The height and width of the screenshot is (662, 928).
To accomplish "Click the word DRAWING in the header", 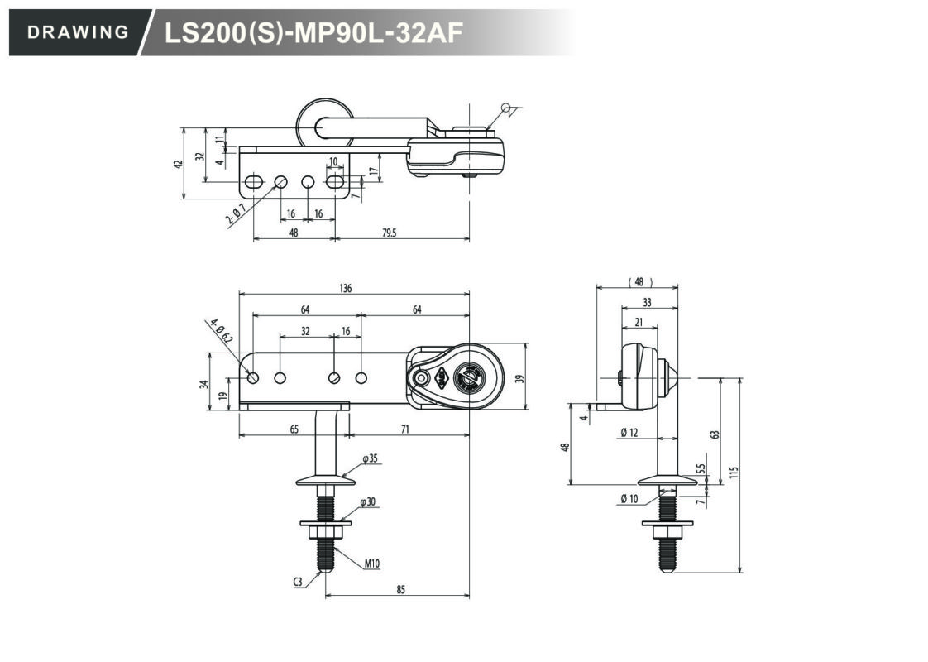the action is pos(78,32).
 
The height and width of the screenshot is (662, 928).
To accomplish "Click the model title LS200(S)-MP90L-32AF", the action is pos(313,33).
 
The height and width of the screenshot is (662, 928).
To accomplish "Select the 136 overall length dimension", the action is pos(346,288).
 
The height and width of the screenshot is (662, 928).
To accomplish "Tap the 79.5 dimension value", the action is pos(389,233).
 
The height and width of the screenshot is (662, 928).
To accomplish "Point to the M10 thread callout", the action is pos(371,564).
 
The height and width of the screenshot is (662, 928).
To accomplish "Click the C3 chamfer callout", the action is pos(299,582).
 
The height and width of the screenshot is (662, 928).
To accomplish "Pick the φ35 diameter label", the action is pos(370,458).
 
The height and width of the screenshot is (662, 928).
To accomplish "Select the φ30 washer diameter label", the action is pos(367,501).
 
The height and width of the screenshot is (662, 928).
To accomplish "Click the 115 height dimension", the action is pos(734,473).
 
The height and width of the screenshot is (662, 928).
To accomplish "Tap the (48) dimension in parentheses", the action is pos(639,282).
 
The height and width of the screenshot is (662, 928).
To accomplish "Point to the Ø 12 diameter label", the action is pos(629,432).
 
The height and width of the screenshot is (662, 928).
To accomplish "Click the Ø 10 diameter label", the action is pos(629,499).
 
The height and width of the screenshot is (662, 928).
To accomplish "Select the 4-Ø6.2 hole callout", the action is pos(222,331).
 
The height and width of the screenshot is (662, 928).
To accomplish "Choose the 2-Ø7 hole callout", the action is pos(236,214).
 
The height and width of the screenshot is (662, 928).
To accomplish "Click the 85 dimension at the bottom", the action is pos(400,590).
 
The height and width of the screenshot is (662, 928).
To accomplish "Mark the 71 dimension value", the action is pos(404,429).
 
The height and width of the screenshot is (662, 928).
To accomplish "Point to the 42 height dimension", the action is pos(178,163).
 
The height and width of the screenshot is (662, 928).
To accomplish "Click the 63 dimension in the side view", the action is pos(715,434).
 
